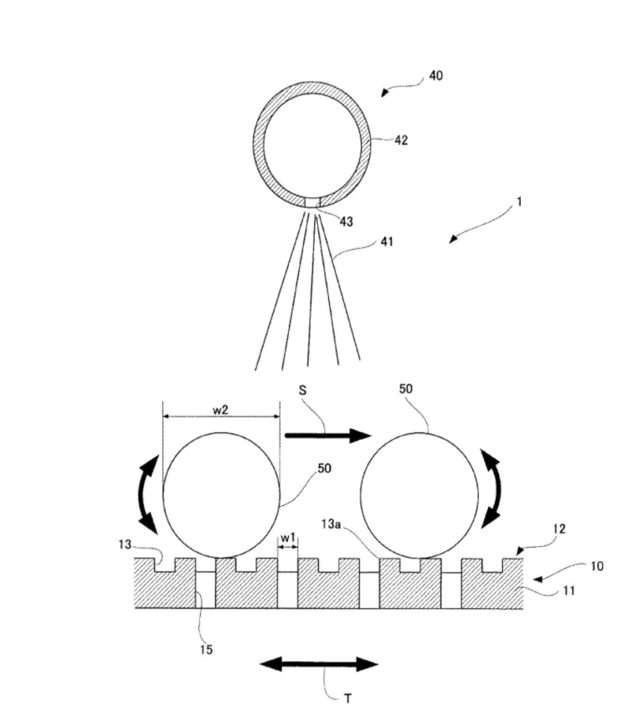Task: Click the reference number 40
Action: click(x=435, y=75)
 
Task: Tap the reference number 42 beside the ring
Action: click(x=401, y=140)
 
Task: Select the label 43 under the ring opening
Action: click(x=346, y=222)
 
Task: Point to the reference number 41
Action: click(x=387, y=242)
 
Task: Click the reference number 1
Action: click(x=519, y=202)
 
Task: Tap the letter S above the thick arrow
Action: click(x=302, y=391)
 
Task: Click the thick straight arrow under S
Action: click(x=327, y=435)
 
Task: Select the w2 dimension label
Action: click(x=221, y=410)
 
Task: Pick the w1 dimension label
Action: click(x=288, y=538)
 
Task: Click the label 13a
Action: click(x=331, y=523)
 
